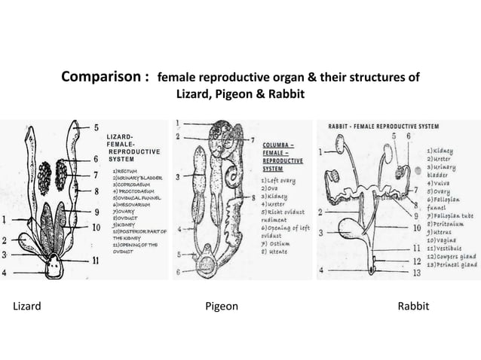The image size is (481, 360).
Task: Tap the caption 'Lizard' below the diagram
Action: coord(26,307)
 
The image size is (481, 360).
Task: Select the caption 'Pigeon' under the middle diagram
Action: coord(222,307)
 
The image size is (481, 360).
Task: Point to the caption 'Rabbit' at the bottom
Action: coord(414,307)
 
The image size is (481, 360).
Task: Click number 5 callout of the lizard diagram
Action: coord(97,127)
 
